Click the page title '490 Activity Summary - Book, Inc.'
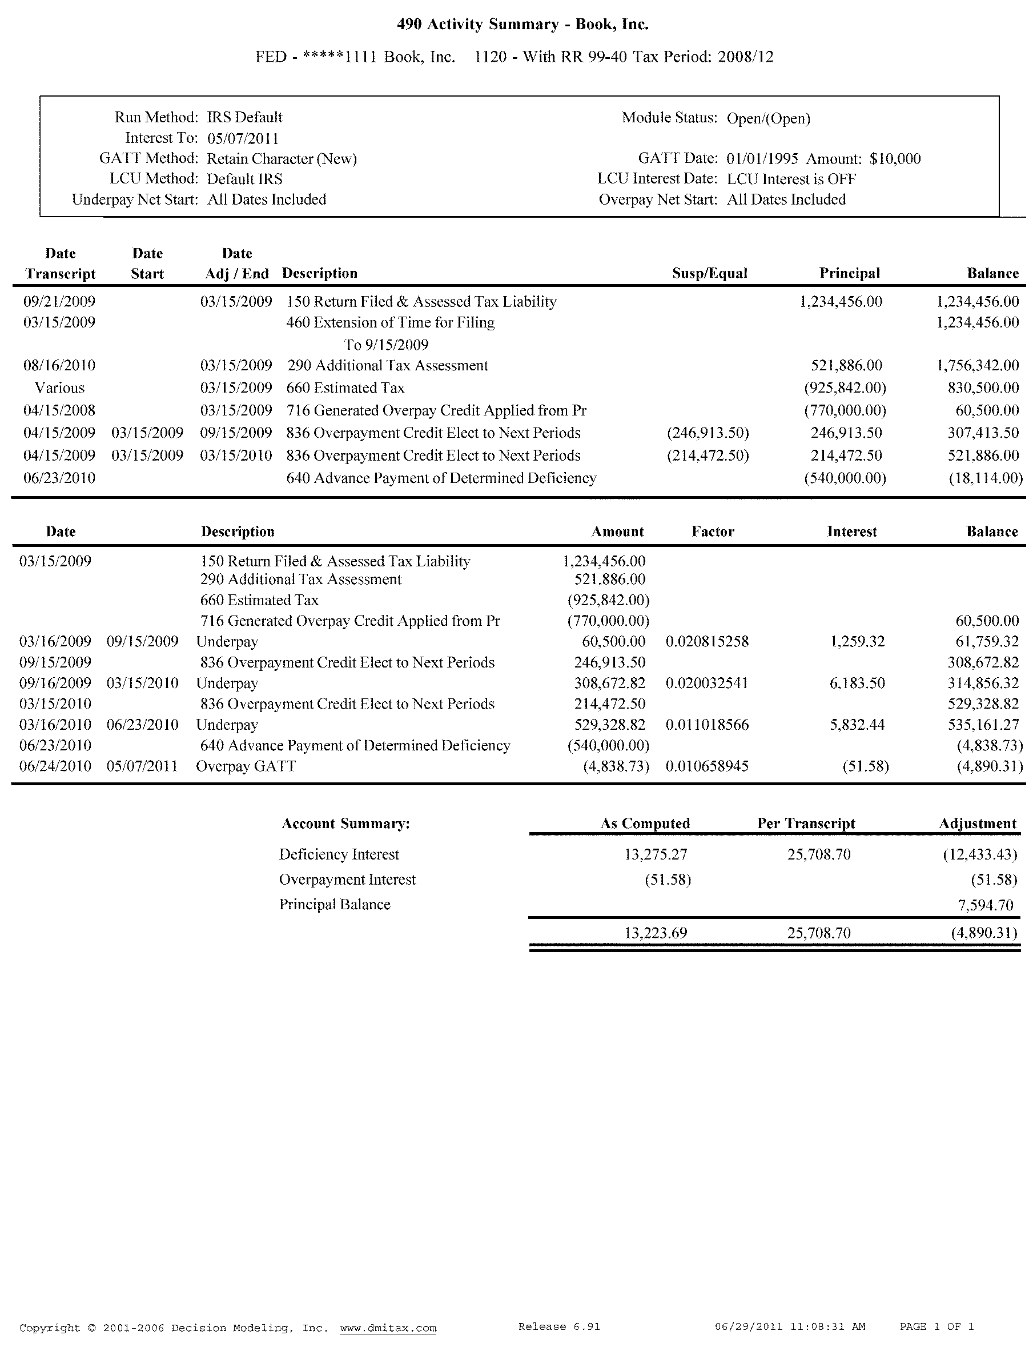(x=522, y=25)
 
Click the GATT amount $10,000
(x=895, y=159)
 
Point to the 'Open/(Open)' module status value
(x=768, y=118)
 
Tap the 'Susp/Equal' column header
(x=710, y=273)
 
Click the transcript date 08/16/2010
(x=59, y=365)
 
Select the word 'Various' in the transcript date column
(x=59, y=388)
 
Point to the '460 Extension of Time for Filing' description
(x=391, y=322)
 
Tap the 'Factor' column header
(x=713, y=531)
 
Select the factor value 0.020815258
(x=707, y=642)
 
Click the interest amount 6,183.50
(x=857, y=683)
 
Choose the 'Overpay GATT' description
(x=246, y=766)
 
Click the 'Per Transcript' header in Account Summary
(x=806, y=823)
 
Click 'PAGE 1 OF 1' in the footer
(x=936, y=1327)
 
